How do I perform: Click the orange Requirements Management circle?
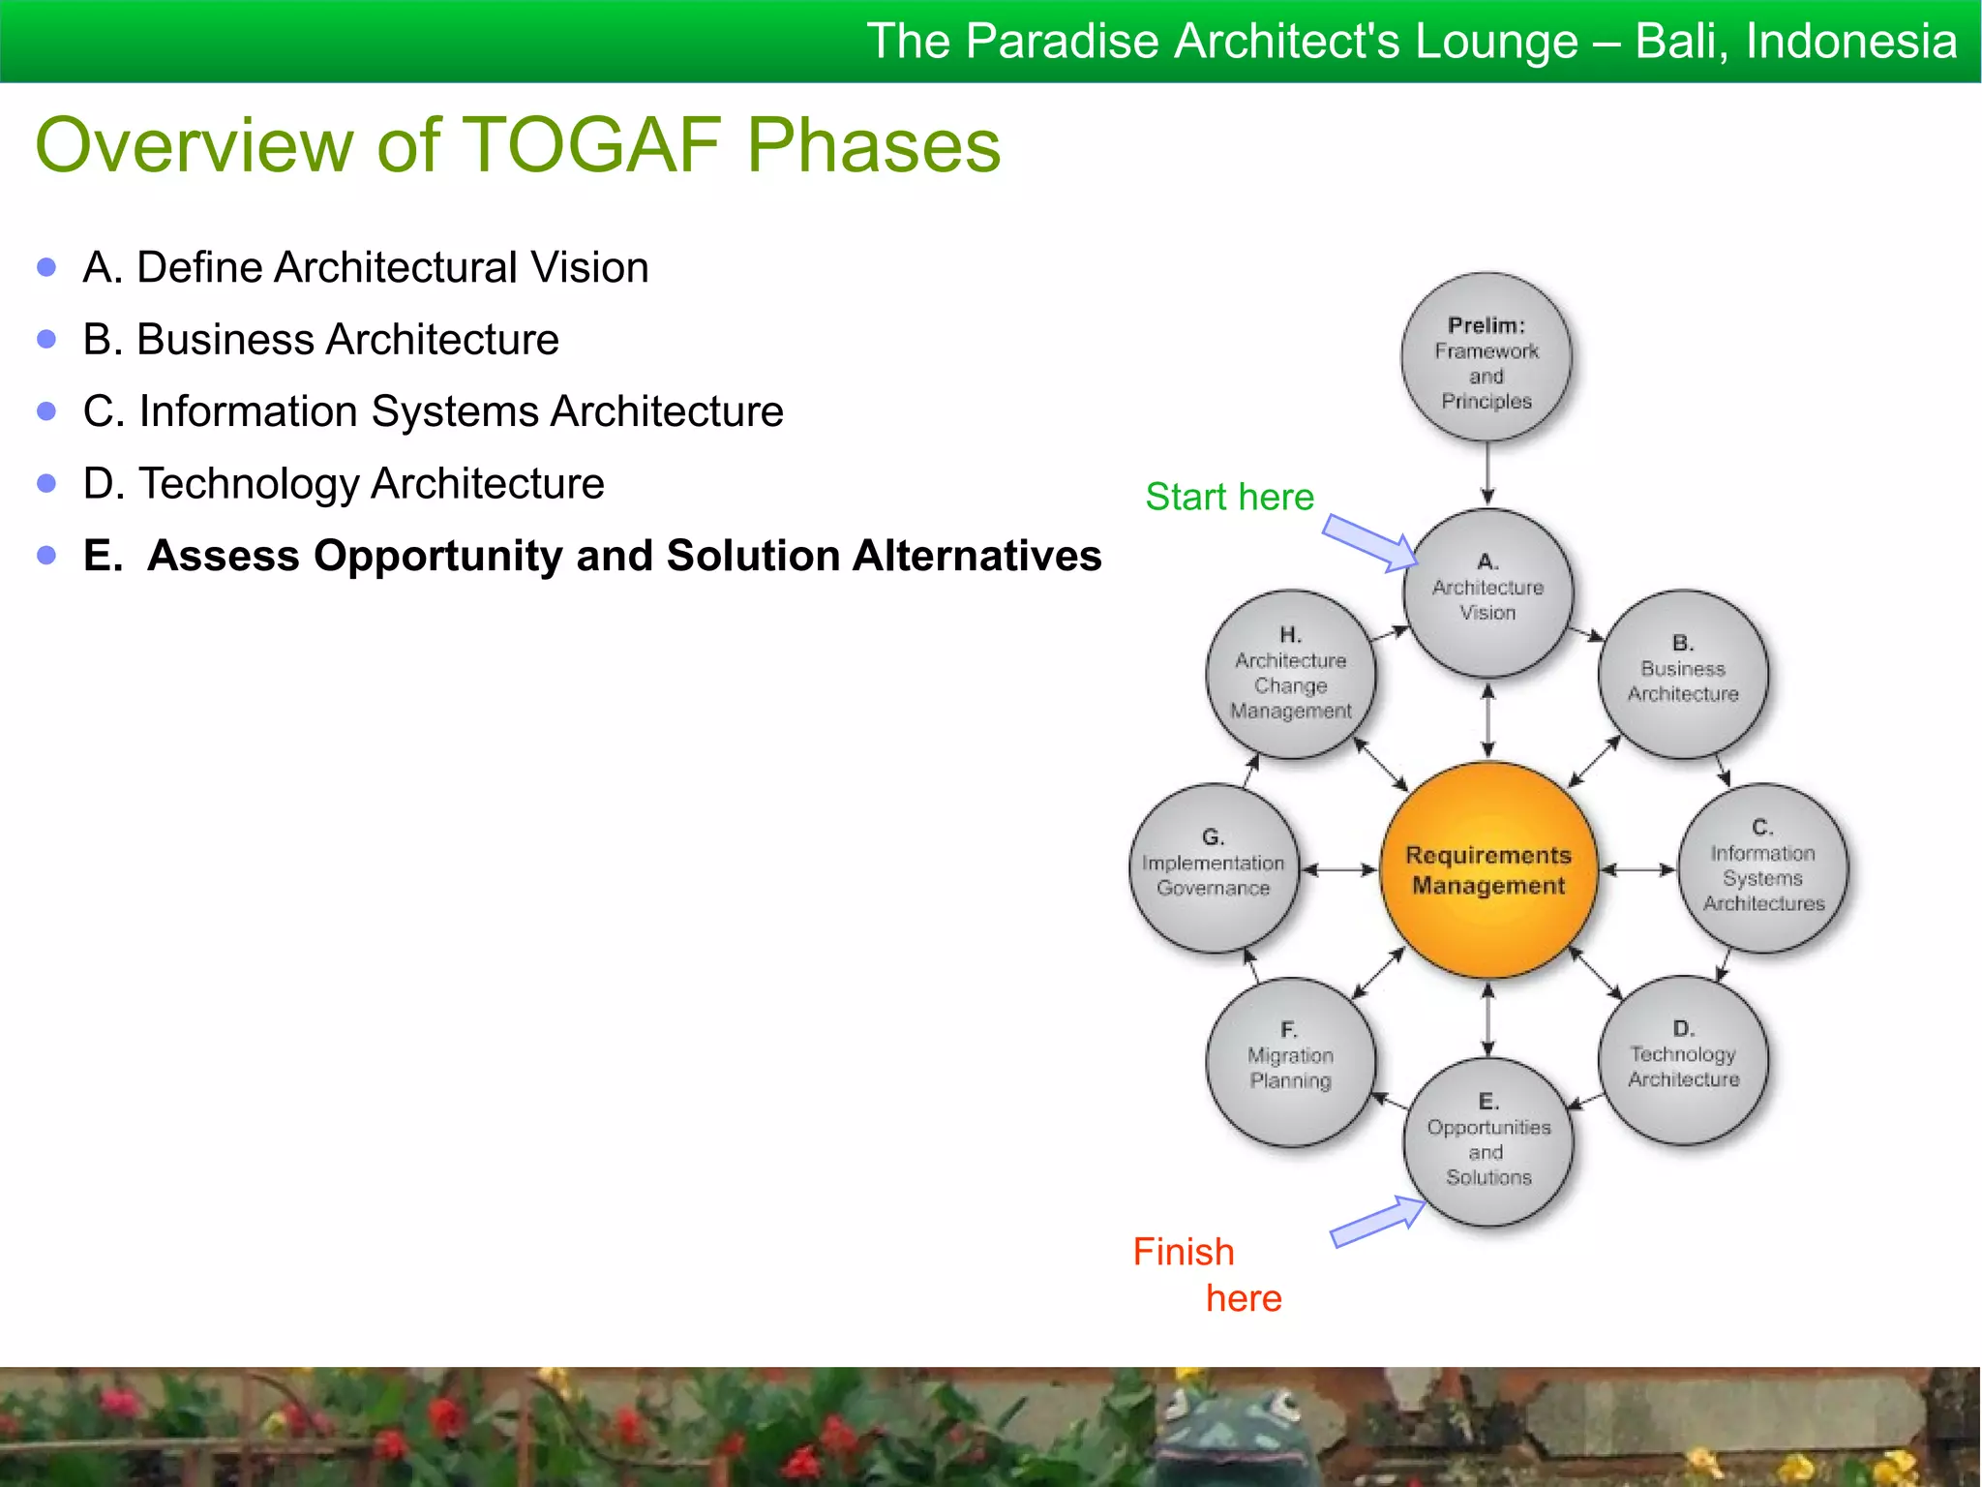1487,869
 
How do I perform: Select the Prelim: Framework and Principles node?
1486,358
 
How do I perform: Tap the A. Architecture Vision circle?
1487,592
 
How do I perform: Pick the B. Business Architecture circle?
1683,673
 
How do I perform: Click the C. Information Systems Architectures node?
1762,867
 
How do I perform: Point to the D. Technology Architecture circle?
1683,1060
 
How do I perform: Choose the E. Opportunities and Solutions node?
1487,1142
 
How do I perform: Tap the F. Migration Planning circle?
1290,1061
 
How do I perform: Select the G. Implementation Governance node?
1214,867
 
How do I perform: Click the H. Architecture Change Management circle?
1290,674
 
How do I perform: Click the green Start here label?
1229,497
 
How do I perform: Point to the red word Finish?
1183,1252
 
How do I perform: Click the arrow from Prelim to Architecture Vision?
1487,474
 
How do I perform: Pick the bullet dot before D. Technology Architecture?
46,483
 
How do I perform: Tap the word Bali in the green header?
1680,42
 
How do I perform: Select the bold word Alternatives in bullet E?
976,556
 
